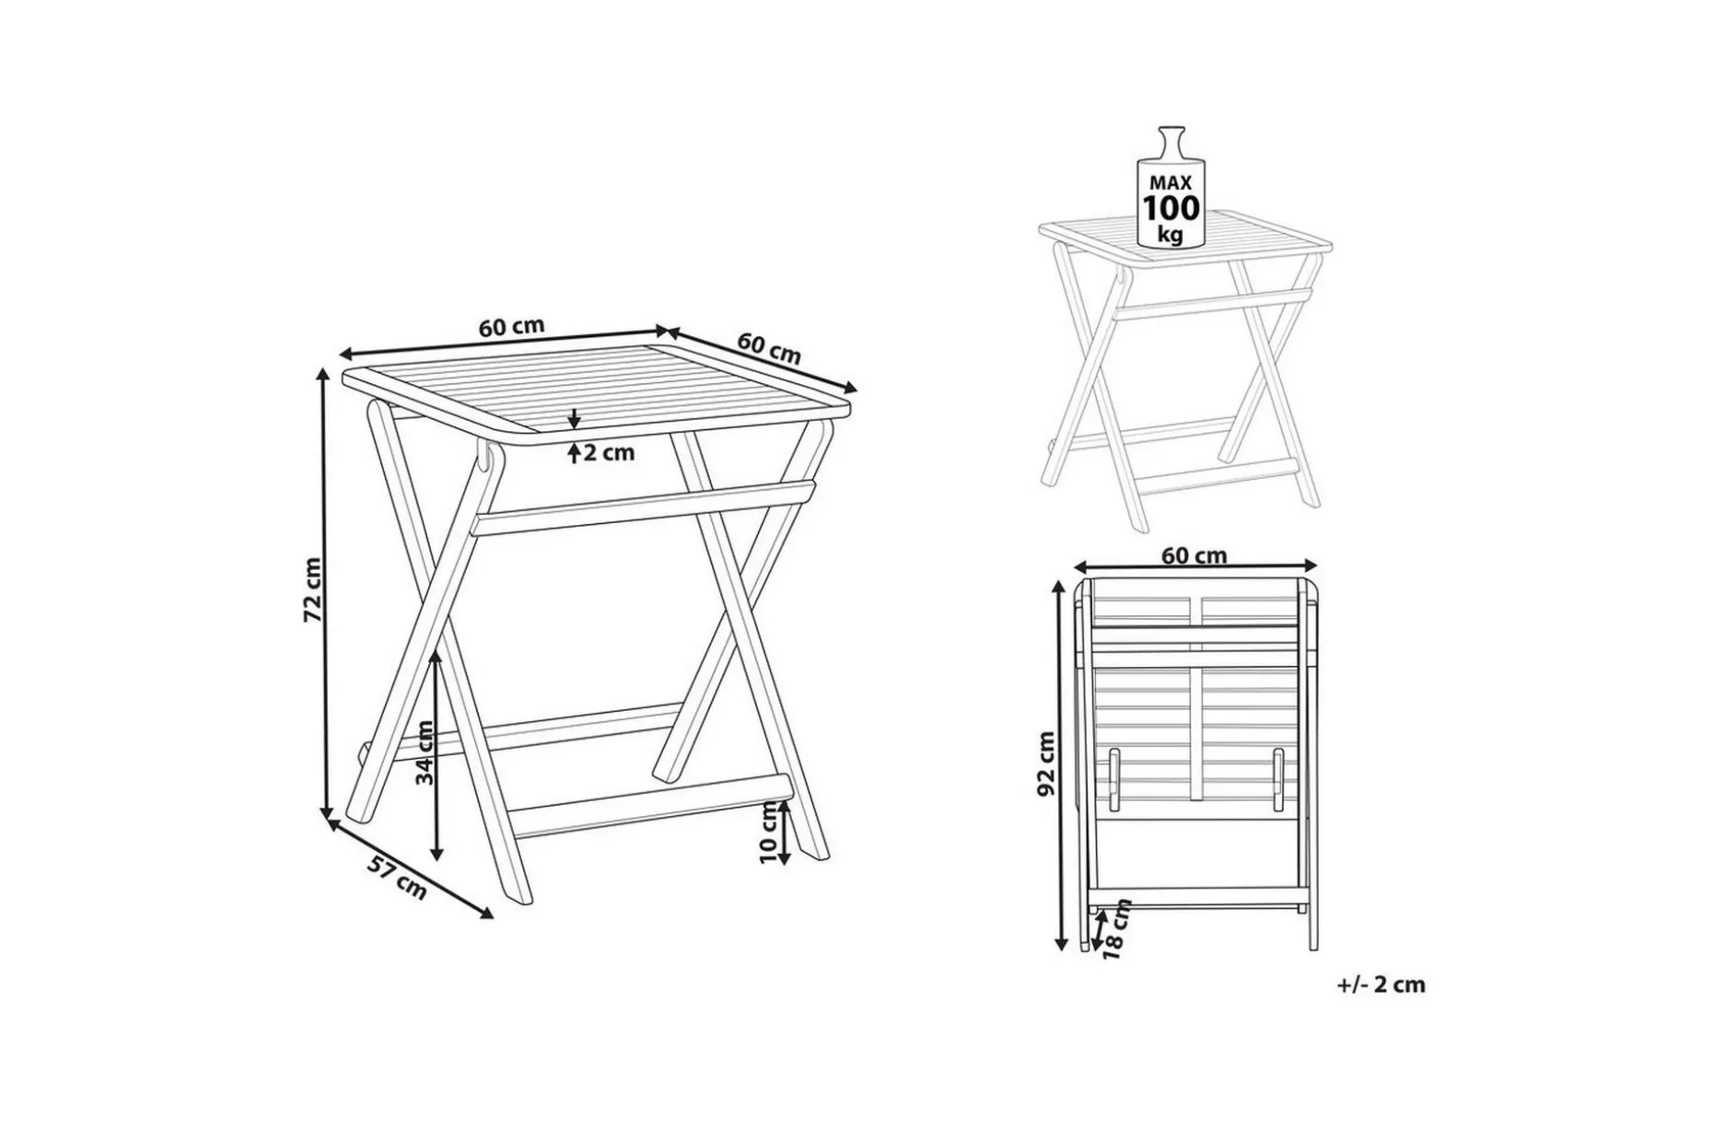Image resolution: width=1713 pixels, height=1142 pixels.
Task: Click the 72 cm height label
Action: [x=314, y=589]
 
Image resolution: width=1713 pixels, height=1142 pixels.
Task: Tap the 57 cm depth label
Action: [x=398, y=877]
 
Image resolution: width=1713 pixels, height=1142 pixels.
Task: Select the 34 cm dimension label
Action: [x=425, y=751]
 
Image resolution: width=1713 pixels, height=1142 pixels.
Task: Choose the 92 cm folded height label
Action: [x=1045, y=764]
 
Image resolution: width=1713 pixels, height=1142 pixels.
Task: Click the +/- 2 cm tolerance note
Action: [x=1381, y=985]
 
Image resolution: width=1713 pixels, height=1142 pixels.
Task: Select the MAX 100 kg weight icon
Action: [x=1171, y=187]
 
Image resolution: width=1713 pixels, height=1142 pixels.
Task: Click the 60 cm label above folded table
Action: [x=1194, y=555]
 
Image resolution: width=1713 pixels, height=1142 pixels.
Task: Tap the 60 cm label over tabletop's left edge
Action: [x=511, y=328]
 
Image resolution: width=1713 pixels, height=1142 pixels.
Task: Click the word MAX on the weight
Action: [x=1171, y=182]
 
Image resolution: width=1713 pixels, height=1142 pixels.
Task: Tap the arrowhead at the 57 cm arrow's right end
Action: [x=486, y=915]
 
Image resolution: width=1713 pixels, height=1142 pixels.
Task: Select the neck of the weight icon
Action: [x=1171, y=143]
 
